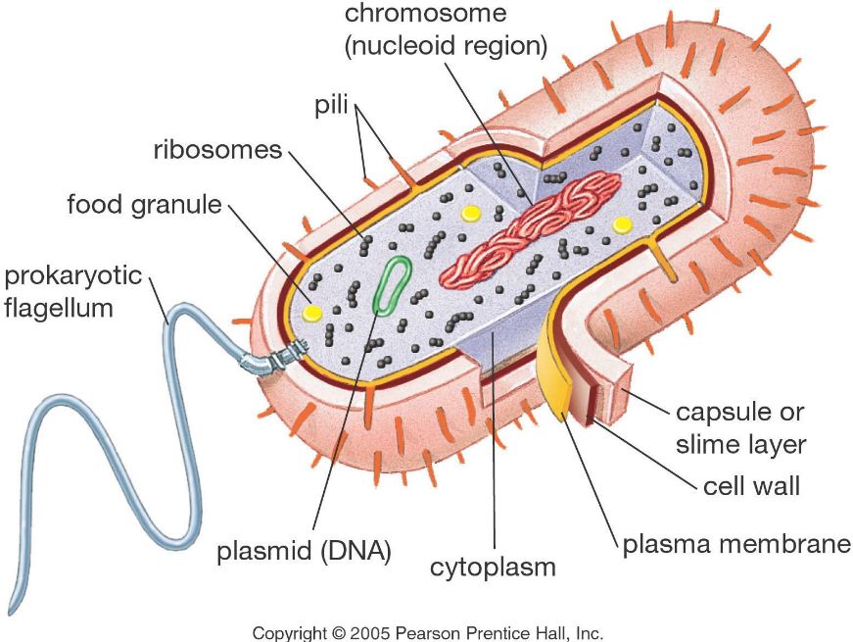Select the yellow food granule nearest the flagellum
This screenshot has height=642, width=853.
point(312,311)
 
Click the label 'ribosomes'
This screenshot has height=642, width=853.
point(217,151)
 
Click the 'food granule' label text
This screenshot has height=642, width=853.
point(144,206)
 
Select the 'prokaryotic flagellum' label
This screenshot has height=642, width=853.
point(73,291)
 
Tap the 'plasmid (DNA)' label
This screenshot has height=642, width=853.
point(304,551)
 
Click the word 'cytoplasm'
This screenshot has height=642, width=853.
point(494,567)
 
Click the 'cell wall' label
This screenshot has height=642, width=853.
point(752,485)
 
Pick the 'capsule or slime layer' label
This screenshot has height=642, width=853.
point(740,427)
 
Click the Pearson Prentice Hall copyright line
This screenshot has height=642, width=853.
point(428,633)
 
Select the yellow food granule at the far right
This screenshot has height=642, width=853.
point(621,224)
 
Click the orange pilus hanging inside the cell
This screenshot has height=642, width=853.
point(666,258)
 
